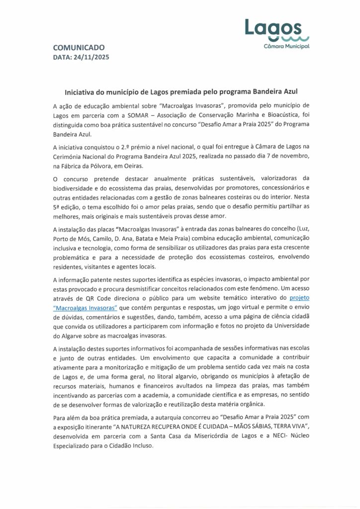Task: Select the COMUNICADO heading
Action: pyautogui.click(x=79, y=48)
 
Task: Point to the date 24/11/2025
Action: pyautogui.click(x=90, y=57)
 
